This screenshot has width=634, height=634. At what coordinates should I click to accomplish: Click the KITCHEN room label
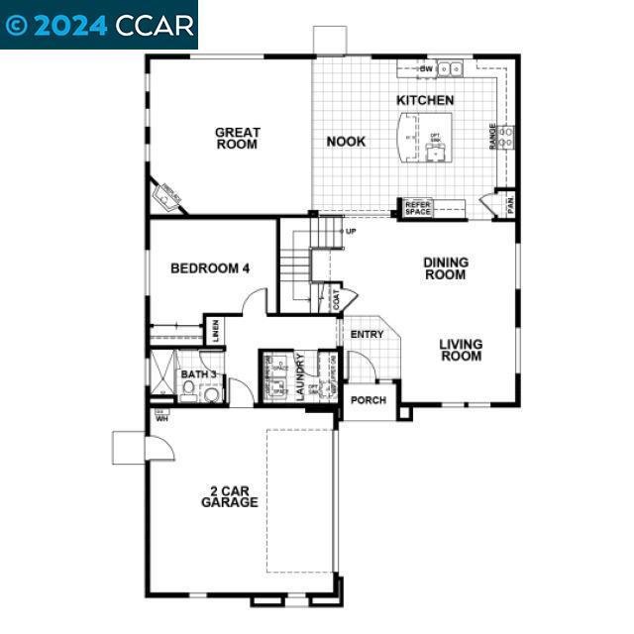point(425,100)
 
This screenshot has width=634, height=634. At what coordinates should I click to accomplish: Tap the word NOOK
point(346,142)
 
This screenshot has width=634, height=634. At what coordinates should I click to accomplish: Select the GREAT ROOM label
point(238,138)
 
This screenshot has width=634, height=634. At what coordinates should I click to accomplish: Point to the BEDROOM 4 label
point(210,267)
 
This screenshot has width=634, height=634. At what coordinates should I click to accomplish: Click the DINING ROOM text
point(446,268)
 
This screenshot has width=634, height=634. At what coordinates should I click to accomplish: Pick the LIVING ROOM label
point(462,350)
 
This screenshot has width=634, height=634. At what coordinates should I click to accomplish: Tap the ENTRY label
point(367,335)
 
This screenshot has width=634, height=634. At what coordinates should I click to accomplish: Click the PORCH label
point(369,401)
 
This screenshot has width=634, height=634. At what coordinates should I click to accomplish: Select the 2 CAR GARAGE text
point(229,496)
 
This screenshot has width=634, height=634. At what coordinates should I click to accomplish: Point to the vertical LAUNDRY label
point(300,377)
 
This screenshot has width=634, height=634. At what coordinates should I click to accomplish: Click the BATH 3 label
point(198,374)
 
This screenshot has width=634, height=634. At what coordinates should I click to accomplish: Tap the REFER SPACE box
point(418,208)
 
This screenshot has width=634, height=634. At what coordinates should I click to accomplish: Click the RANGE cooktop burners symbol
point(505,137)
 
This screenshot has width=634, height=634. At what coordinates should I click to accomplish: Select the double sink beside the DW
point(451,68)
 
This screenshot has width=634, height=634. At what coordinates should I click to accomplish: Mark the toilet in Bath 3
point(210,394)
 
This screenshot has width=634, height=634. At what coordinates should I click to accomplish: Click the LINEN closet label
point(215,331)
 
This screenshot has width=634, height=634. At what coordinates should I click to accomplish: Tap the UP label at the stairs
point(351,232)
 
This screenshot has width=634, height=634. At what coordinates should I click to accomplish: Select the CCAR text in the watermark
point(155,25)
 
